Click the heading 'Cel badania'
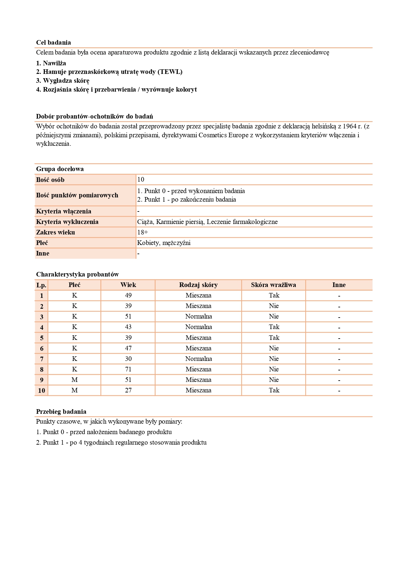point(53,42)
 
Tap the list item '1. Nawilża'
point(51,63)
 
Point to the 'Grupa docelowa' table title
point(60,169)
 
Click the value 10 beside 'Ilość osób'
point(141,179)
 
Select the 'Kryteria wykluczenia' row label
point(67,222)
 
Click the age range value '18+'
point(142,232)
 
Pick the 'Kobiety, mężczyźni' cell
point(164,243)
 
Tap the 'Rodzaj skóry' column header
point(198,285)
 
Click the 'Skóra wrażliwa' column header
point(273,285)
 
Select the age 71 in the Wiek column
point(128,369)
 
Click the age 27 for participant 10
point(128,390)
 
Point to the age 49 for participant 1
point(128,295)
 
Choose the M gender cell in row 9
point(75,380)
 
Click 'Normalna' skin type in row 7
point(198,359)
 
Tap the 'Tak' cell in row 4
point(274,327)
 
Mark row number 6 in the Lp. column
point(42,348)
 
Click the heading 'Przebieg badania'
point(61,411)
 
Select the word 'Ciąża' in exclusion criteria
point(145,222)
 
